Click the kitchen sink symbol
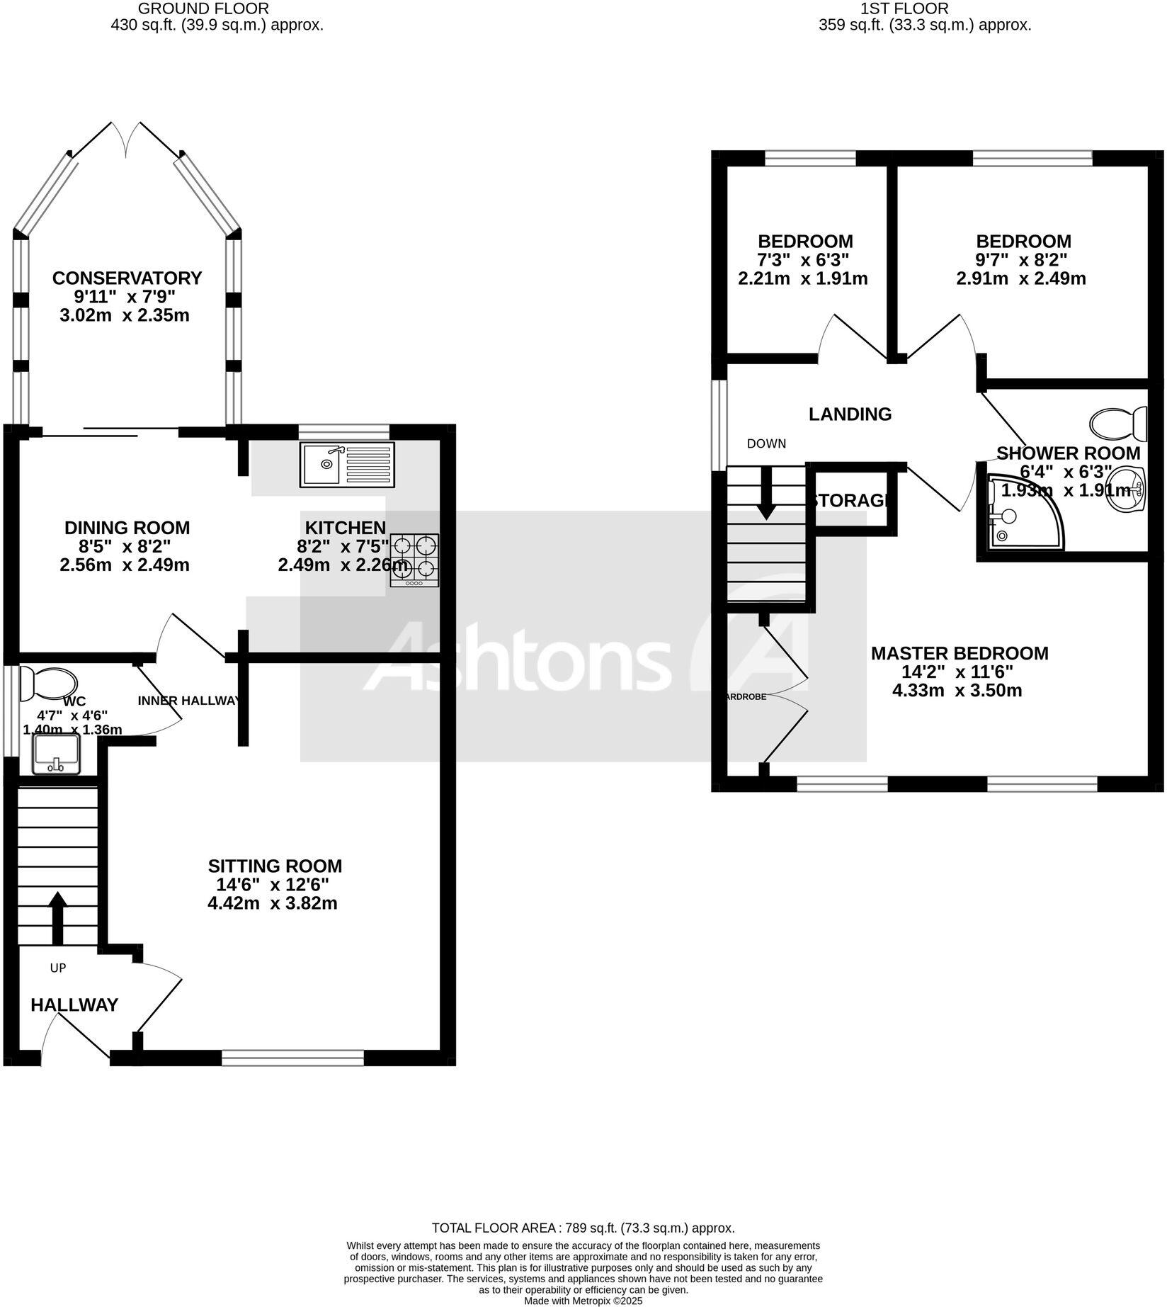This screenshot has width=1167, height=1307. point(347,465)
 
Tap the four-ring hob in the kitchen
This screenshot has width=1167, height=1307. point(414,560)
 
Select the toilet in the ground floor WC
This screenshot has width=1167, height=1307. point(49,683)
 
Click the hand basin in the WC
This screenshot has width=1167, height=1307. point(56,754)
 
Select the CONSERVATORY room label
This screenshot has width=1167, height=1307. point(127,278)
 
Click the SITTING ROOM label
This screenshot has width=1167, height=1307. point(275,866)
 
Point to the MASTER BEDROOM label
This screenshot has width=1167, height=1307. point(959,653)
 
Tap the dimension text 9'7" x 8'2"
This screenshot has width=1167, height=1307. point(1021,259)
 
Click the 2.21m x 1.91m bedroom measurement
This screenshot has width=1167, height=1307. point(802,278)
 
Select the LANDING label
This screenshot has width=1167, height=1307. point(850,414)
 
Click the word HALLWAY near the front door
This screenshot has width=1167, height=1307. point(74,1005)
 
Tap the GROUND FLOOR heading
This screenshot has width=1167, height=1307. point(203,9)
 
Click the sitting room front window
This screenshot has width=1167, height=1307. point(292,1058)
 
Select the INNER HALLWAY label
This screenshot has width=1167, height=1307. point(189,701)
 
